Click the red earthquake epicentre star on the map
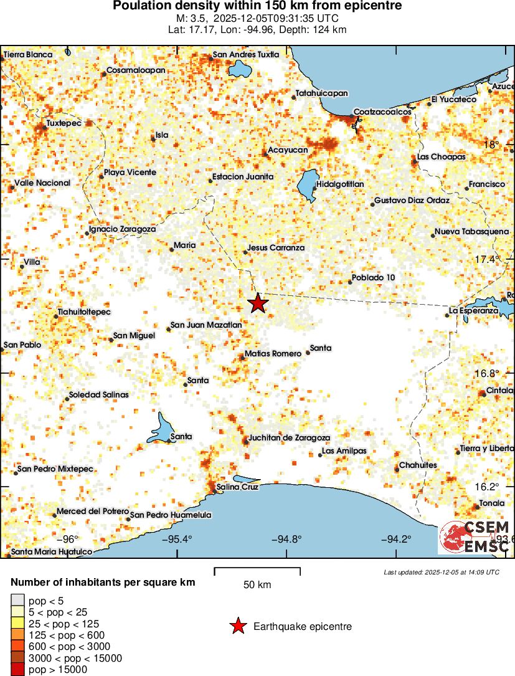click(258, 303)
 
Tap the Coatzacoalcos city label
click(382, 112)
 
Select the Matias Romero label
click(273, 353)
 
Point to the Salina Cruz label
click(237, 487)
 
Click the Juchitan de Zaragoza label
click(289, 438)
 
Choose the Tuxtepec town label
click(64, 123)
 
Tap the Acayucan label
click(288, 150)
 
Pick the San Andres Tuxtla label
click(246, 54)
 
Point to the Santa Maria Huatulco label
click(52, 551)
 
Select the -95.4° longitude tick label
click(177, 540)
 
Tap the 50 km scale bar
click(257, 571)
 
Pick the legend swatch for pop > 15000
click(17, 669)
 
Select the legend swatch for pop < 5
click(17, 601)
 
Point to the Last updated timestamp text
click(442, 572)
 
